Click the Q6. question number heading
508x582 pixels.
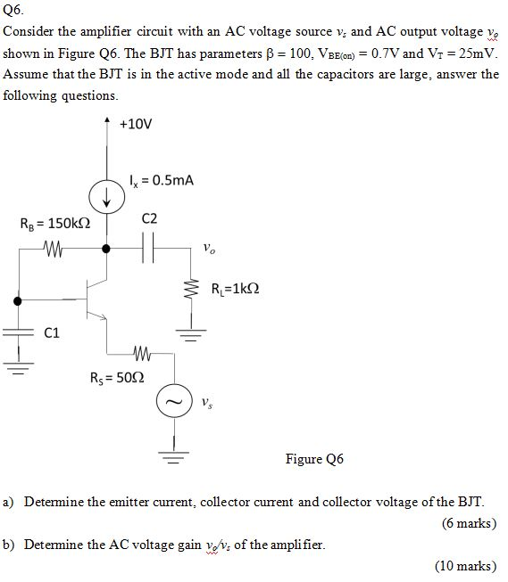pos(12,11)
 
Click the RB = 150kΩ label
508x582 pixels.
pos(54,225)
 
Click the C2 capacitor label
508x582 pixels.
pos(149,219)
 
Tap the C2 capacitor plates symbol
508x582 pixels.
pos(149,248)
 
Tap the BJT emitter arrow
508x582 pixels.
pos(103,316)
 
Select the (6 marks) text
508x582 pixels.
pos(468,523)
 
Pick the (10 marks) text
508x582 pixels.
pos(465,565)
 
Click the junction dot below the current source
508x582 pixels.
pos(108,248)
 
